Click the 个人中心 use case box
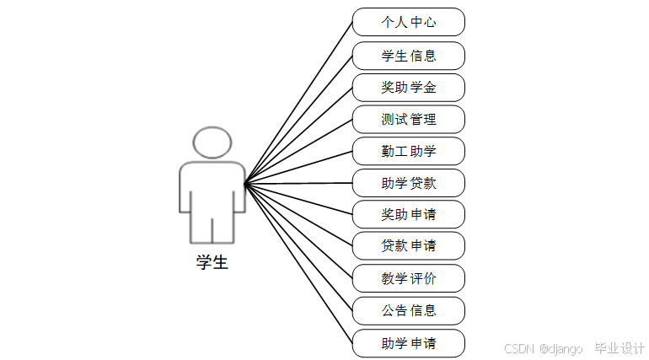click(x=409, y=22)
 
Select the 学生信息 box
click(x=409, y=56)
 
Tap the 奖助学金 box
click(x=409, y=87)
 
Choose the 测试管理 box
click(x=409, y=119)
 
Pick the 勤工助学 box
click(x=409, y=151)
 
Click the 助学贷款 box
click(x=409, y=182)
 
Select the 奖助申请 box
click(x=409, y=213)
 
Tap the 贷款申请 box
click(x=409, y=245)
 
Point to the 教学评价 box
click(x=409, y=277)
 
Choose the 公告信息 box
click(x=409, y=310)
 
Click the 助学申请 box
click(x=409, y=343)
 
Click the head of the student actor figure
click(x=212, y=142)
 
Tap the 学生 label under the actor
click(x=212, y=262)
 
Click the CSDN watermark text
click(x=520, y=348)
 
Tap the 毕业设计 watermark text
click(x=619, y=348)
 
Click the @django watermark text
click(x=561, y=348)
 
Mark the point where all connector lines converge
click(x=244, y=183)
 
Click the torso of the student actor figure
click(x=212, y=190)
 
